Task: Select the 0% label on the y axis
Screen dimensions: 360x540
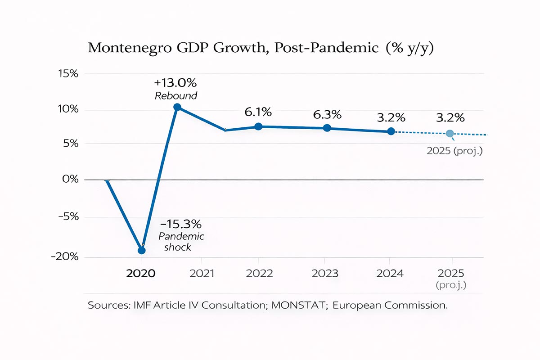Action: click(70, 180)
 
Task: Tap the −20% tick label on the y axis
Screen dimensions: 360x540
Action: click(66, 256)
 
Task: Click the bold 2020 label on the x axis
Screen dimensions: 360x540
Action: click(141, 274)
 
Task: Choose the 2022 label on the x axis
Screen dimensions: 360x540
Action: click(259, 274)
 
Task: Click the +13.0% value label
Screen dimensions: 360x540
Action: click(175, 83)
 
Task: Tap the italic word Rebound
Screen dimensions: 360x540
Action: click(176, 96)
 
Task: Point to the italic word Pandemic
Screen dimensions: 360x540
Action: click(181, 236)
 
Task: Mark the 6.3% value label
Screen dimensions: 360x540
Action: click(327, 114)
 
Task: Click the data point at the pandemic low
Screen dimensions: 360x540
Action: click(141, 250)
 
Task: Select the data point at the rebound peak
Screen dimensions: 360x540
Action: click(177, 107)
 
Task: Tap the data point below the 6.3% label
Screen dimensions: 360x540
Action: click(327, 128)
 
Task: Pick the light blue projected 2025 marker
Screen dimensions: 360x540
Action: click(450, 134)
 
